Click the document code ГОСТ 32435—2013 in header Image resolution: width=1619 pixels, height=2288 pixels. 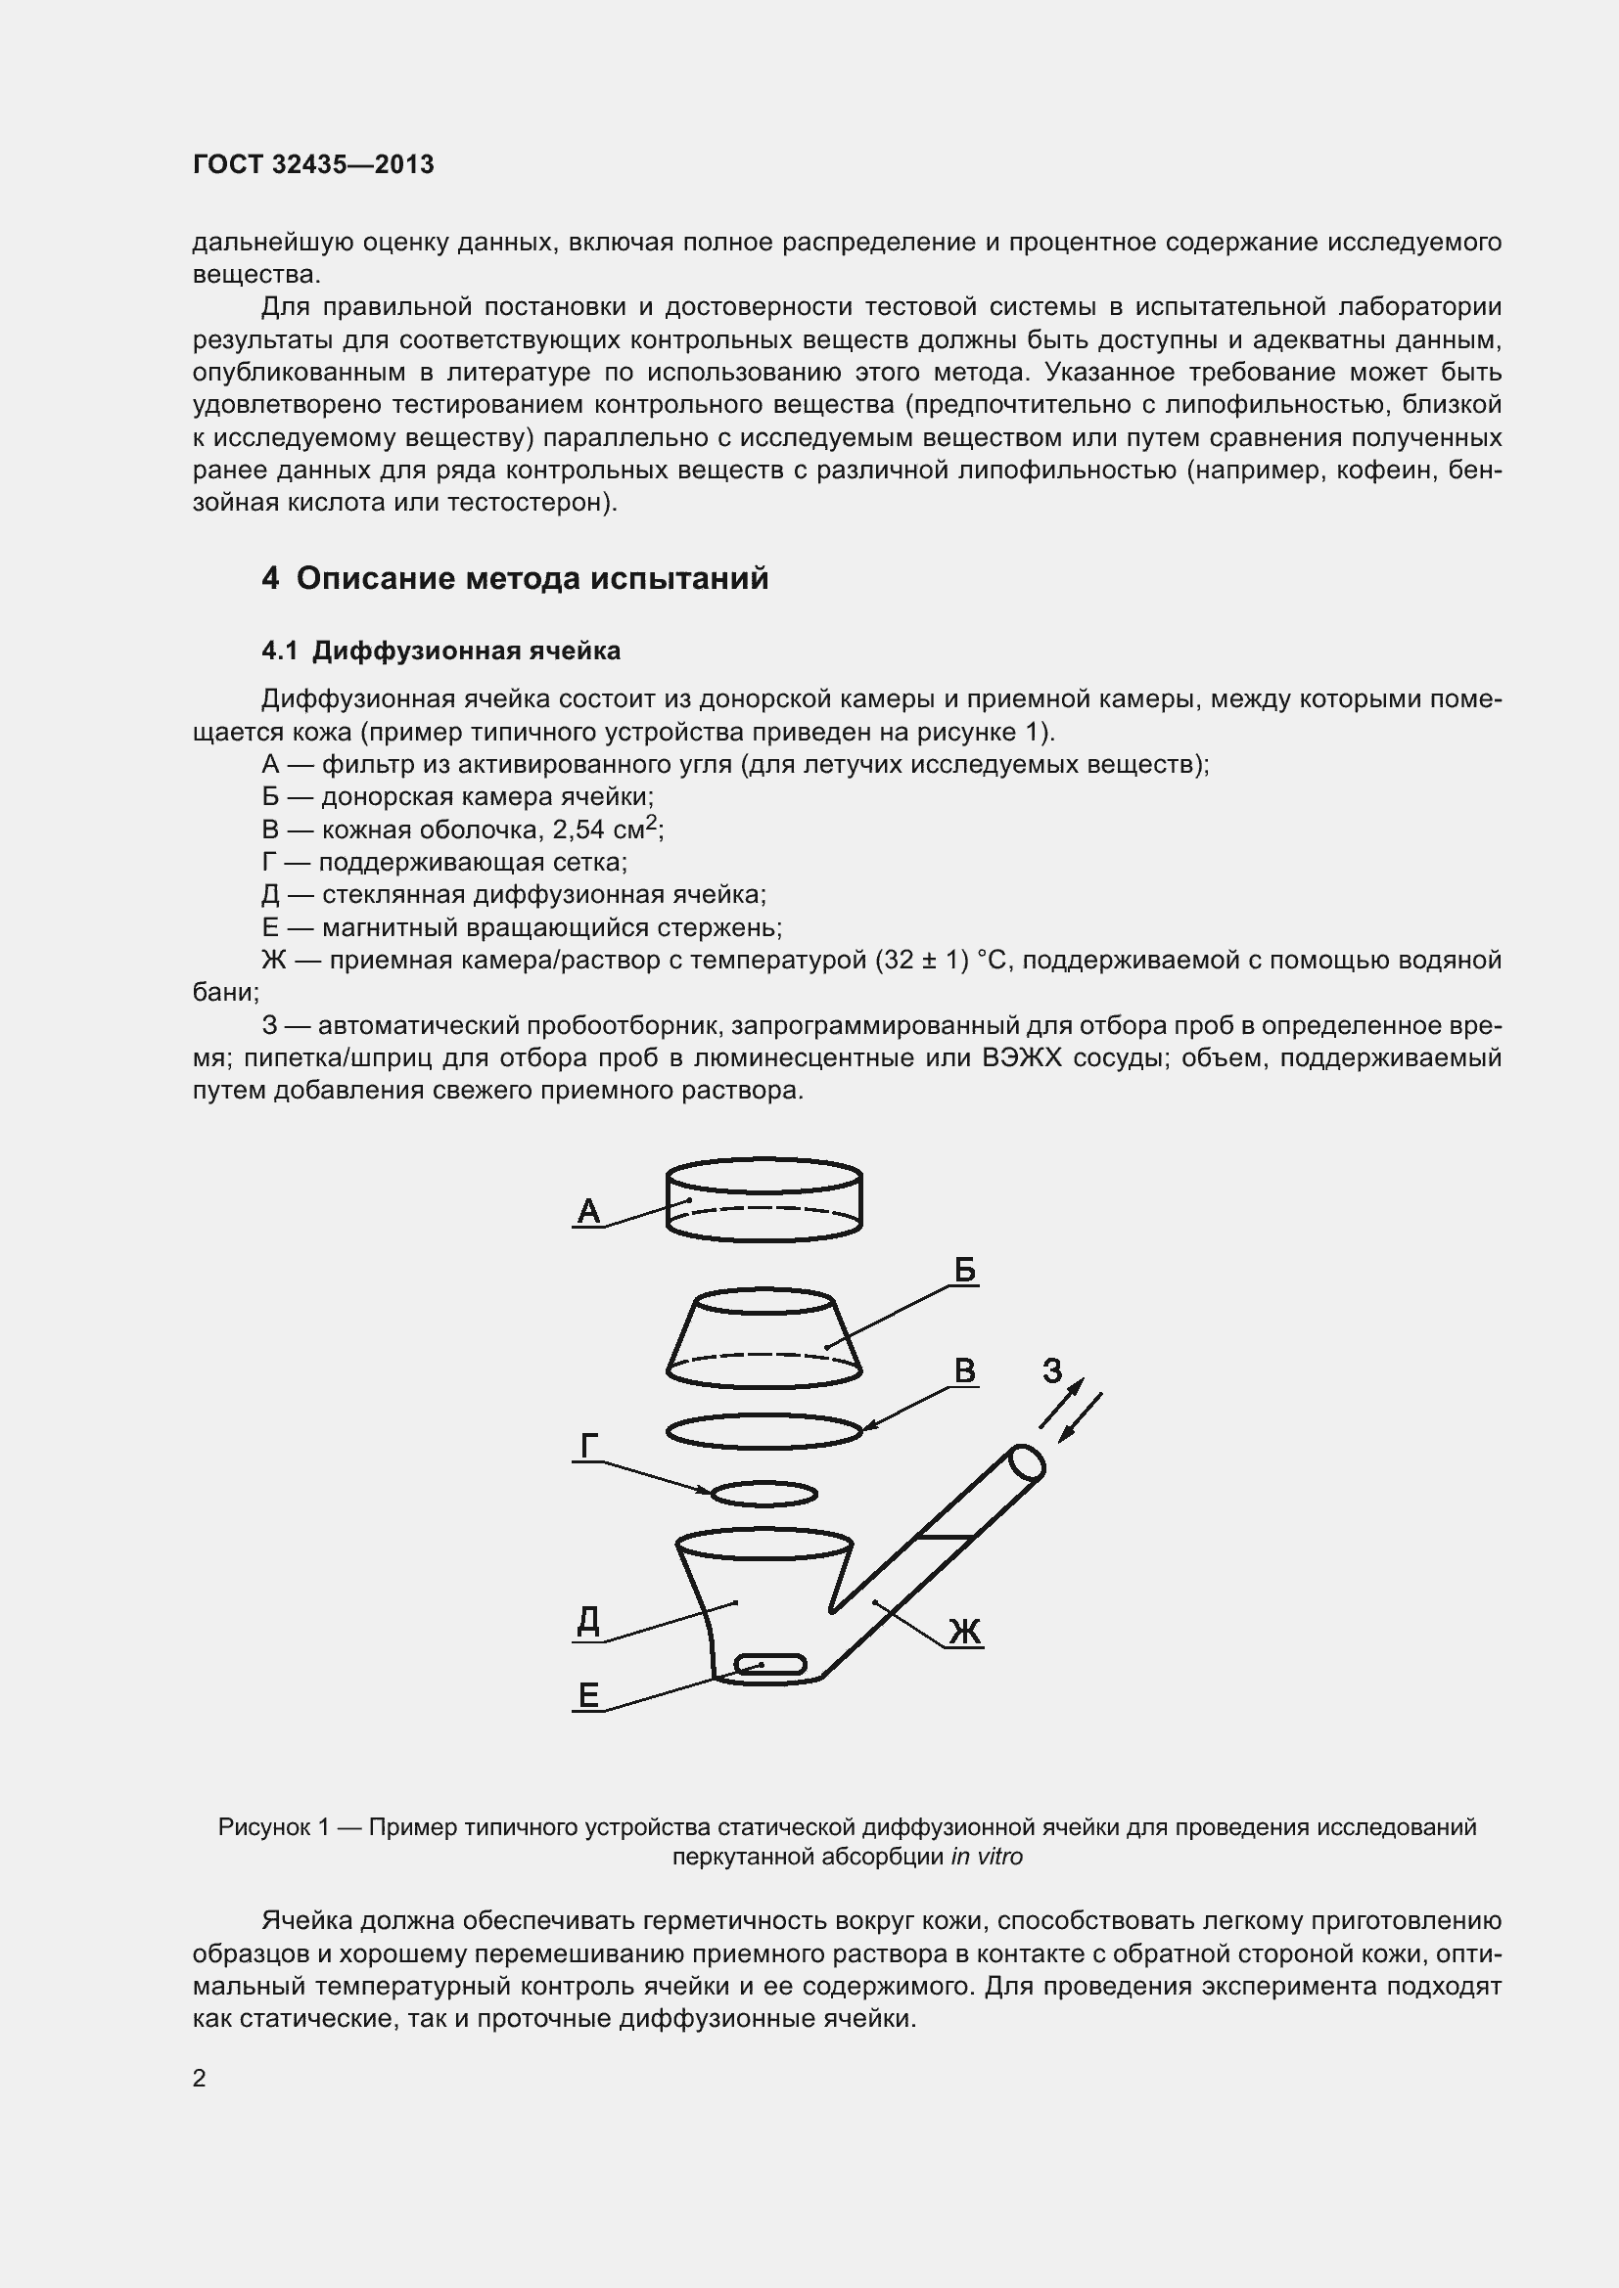[313, 164]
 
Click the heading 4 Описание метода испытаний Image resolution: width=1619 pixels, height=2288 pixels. [515, 578]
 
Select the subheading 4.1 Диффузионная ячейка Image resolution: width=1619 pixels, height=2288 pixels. [440, 651]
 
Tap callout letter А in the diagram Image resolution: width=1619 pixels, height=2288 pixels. [588, 1211]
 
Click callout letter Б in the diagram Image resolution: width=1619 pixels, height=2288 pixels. [964, 1270]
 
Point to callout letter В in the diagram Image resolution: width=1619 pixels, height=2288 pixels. [964, 1370]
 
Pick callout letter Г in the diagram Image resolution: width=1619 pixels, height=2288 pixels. [588, 1445]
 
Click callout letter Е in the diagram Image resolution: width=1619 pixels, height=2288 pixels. [588, 1694]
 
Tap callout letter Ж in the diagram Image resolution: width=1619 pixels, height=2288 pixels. [964, 1632]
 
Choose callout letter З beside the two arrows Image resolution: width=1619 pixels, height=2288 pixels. [1053, 1371]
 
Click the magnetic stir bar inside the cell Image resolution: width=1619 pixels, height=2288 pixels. [769, 1663]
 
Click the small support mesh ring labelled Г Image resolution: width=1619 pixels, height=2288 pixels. [764, 1494]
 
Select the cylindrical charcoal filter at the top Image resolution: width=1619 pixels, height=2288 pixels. [763, 1200]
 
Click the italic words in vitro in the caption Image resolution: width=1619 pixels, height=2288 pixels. [986, 1857]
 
